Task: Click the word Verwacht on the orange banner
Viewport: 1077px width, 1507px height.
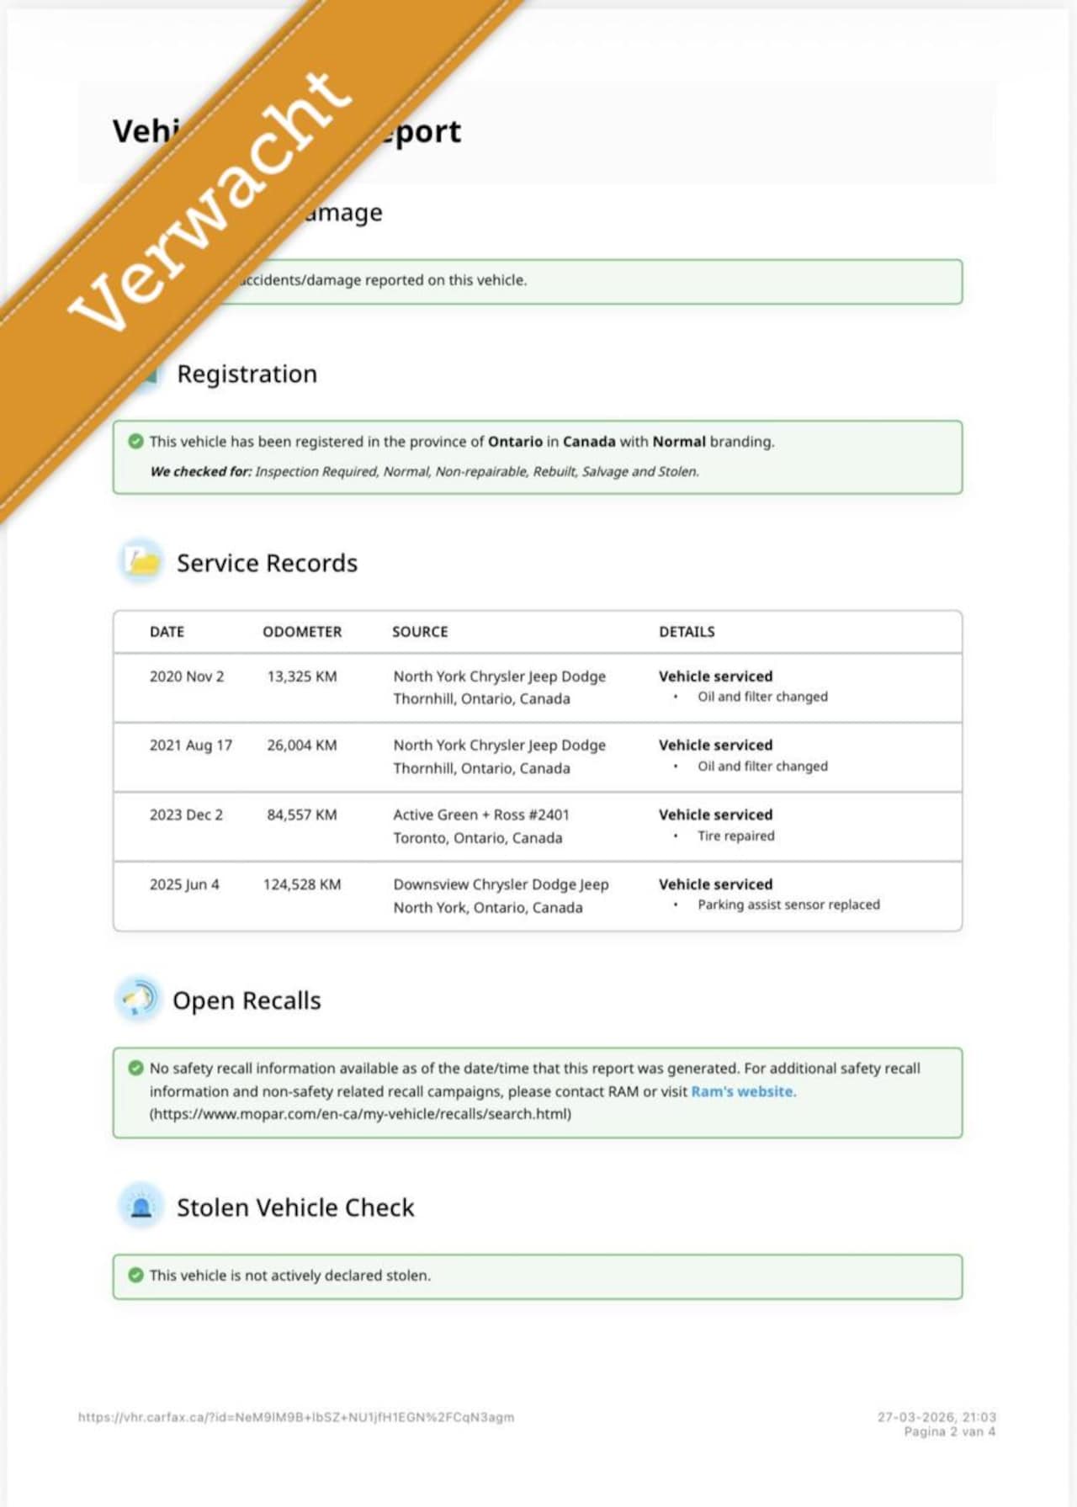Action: (x=210, y=202)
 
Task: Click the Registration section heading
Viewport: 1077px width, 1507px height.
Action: (x=247, y=374)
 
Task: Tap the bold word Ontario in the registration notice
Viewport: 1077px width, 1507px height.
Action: (x=515, y=442)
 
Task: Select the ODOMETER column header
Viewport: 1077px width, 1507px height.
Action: (x=302, y=632)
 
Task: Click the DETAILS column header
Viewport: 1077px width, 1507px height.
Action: (x=687, y=632)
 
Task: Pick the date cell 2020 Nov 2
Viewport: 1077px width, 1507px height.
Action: (x=187, y=677)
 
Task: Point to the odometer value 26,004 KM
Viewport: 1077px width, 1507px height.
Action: (x=302, y=746)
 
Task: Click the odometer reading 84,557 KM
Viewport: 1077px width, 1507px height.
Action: (x=302, y=815)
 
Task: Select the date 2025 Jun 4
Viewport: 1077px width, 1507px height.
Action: (x=184, y=884)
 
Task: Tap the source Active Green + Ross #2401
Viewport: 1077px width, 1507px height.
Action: (x=481, y=815)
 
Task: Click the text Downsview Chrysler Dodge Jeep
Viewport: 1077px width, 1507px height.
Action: (x=501, y=884)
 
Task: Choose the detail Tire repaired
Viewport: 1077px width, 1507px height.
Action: (x=735, y=836)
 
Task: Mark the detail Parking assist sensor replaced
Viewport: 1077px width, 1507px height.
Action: (x=788, y=905)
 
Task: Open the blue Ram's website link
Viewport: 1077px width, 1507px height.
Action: (x=742, y=1091)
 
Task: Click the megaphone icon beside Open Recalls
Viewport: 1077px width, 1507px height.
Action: (x=138, y=999)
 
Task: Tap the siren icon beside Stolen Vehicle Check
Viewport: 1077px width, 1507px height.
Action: (x=141, y=1207)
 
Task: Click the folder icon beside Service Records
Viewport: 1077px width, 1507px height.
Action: (x=141, y=561)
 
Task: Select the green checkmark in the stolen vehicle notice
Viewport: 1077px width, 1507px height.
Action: (x=135, y=1275)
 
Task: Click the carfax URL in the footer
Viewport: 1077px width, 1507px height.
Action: (x=296, y=1417)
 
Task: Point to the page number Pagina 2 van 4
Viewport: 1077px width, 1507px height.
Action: (x=949, y=1431)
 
